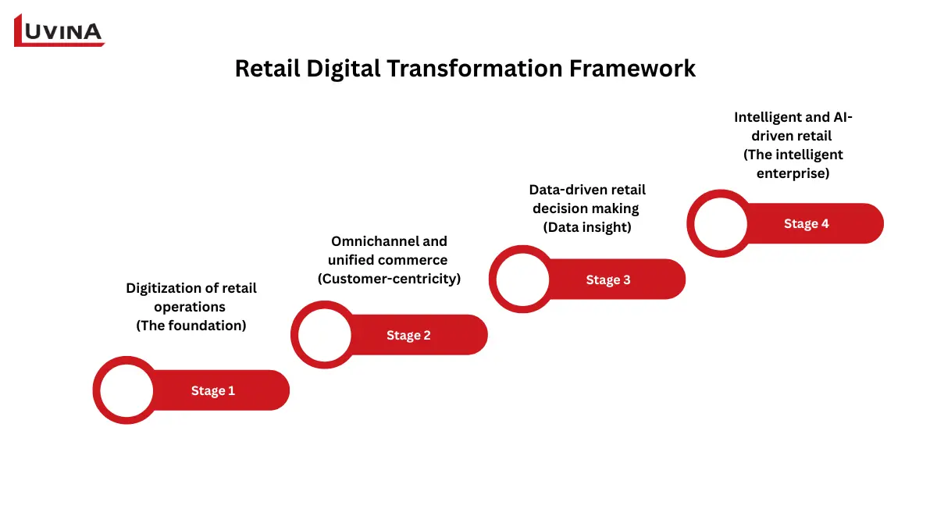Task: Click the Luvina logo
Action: pyautogui.click(x=59, y=30)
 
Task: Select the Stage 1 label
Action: pyautogui.click(x=213, y=390)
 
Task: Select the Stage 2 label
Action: pyautogui.click(x=408, y=335)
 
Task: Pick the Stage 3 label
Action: pyautogui.click(x=608, y=280)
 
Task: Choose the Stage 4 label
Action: pyautogui.click(x=807, y=224)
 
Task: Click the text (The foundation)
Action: pyautogui.click(x=191, y=326)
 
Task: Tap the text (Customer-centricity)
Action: pyautogui.click(x=389, y=279)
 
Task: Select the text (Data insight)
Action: pyautogui.click(x=587, y=227)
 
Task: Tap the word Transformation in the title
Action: pyautogui.click(x=455, y=69)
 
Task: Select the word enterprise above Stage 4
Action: pyautogui.click(x=793, y=173)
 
